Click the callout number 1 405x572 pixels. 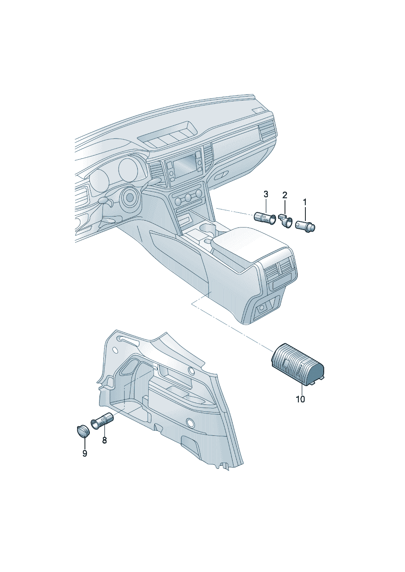pyautogui.click(x=305, y=203)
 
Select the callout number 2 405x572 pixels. pyautogui.click(x=285, y=195)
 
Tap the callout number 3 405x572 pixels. pyautogui.click(x=266, y=194)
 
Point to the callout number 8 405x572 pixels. pyautogui.click(x=105, y=440)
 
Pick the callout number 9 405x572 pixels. pyautogui.click(x=85, y=453)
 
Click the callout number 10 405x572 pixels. pyautogui.click(x=300, y=399)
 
